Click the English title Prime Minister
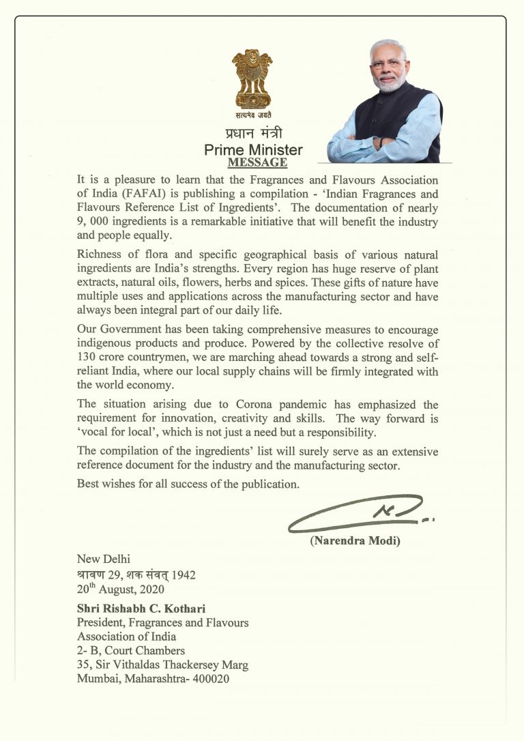coord(253,149)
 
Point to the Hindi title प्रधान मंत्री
coord(253,134)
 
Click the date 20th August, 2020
coord(120,589)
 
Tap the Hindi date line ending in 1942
coord(136,575)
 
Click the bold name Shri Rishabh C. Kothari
coord(145,608)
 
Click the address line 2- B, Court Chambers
coord(131,651)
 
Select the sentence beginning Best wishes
coord(188,484)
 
